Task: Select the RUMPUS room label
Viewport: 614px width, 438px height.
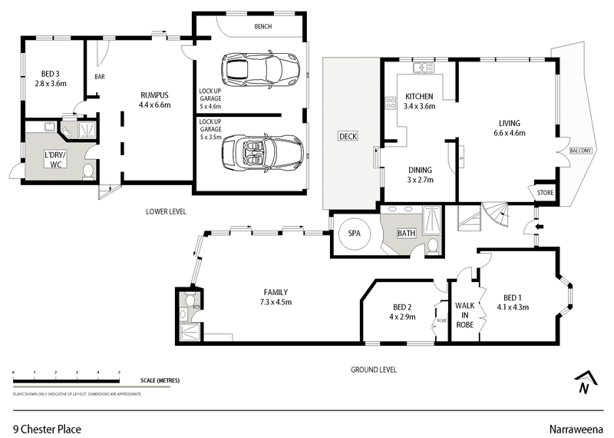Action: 153,95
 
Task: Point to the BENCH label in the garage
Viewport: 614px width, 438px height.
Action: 262,27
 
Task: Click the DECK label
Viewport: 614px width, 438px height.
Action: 348,136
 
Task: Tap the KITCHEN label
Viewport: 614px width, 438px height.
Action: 420,96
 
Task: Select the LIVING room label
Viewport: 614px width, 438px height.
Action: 509,123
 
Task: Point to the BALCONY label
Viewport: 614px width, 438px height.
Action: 579,150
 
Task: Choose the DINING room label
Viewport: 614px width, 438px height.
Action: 420,170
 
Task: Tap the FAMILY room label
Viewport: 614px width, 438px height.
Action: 276,293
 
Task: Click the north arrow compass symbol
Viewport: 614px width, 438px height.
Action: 585,382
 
